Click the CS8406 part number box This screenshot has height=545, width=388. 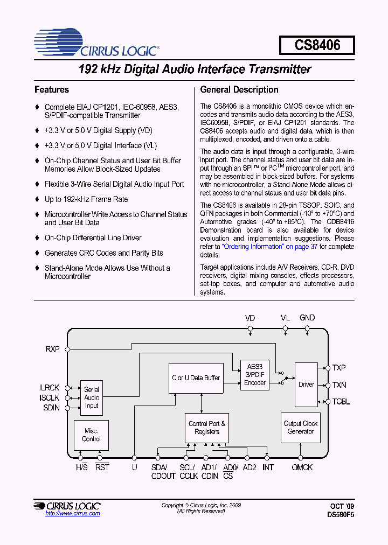[317, 45]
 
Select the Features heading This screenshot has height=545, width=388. [52, 90]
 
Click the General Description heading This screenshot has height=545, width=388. [239, 90]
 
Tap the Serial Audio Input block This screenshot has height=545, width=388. [92, 398]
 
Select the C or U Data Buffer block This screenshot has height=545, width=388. [196, 378]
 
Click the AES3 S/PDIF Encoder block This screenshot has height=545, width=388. [255, 375]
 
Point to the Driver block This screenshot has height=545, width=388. [306, 385]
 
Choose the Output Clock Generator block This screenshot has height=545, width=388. [300, 428]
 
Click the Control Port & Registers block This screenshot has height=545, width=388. [207, 428]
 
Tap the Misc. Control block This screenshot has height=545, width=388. [91, 435]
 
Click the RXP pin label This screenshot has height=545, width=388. [53, 349]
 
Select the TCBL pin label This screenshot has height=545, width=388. [341, 402]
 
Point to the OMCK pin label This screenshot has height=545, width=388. [302, 467]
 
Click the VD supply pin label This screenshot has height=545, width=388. [250, 318]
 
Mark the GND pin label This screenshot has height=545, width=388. [307, 318]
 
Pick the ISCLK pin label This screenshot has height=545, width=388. [50, 398]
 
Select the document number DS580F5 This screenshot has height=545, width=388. [341, 515]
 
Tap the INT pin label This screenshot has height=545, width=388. [268, 467]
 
